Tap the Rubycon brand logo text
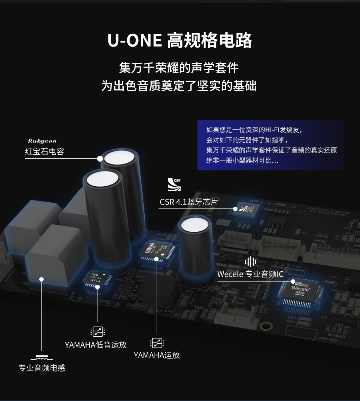(42, 141)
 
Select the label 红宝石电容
(44, 151)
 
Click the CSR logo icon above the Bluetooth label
(174, 184)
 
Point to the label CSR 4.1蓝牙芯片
(188, 202)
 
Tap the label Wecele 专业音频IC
(250, 274)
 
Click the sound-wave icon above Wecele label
(250, 261)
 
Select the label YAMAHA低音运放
(96, 345)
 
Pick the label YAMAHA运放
(157, 355)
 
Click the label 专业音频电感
(42, 368)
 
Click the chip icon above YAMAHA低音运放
(97, 331)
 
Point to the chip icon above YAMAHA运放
(157, 343)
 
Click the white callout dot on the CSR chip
(235, 209)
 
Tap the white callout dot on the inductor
(41, 279)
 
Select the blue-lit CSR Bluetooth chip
(247, 210)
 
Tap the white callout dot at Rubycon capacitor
(100, 158)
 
